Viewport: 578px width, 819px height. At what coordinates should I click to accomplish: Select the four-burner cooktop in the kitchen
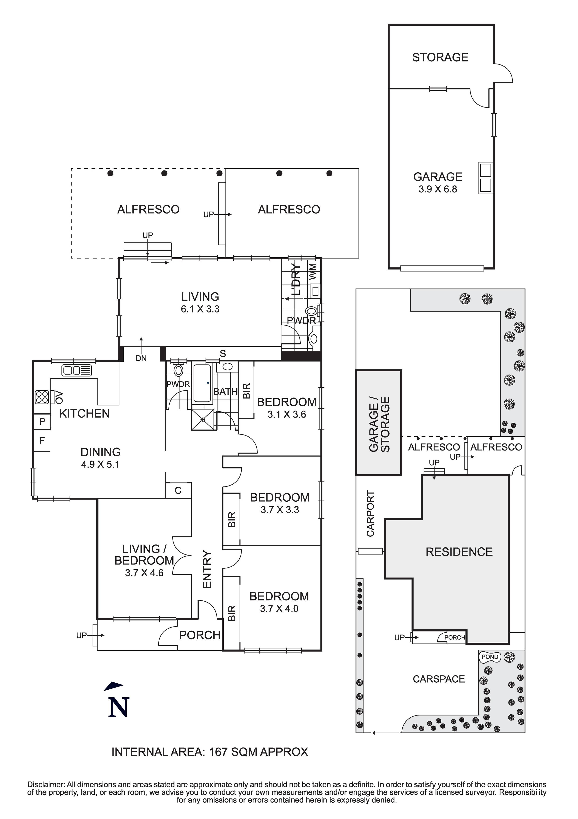[x=42, y=397]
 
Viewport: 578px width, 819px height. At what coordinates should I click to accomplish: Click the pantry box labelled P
[x=42, y=422]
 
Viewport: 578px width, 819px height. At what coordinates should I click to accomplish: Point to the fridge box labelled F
[x=42, y=441]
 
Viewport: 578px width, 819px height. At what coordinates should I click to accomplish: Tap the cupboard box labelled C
[x=178, y=490]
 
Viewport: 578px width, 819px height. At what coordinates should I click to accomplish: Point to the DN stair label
[x=141, y=358]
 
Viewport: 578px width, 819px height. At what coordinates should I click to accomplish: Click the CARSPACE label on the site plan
[x=439, y=679]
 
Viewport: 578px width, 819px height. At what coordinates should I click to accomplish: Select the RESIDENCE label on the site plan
[x=459, y=552]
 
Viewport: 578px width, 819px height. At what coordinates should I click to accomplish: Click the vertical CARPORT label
[x=371, y=514]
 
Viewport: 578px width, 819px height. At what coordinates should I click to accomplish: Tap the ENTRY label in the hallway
[x=207, y=569]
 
